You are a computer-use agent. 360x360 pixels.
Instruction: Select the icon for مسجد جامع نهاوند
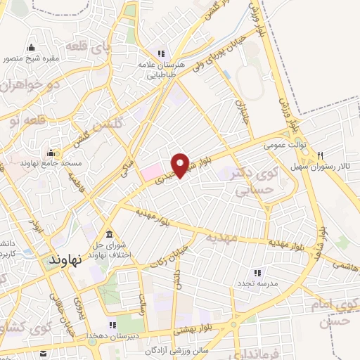pyautogui.click(x=51, y=152)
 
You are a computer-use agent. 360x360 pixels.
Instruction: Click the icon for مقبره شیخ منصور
pyautogui.click(x=30, y=48)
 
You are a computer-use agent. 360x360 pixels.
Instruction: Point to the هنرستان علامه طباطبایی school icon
pyautogui.click(x=161, y=53)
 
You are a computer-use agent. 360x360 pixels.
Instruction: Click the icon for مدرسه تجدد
pyautogui.click(x=257, y=272)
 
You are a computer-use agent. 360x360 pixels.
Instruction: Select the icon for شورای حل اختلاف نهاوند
pyautogui.click(x=108, y=234)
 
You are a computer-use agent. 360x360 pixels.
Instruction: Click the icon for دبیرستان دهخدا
pyautogui.click(x=110, y=325)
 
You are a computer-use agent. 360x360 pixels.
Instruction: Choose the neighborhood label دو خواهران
pyautogui.click(x=25, y=87)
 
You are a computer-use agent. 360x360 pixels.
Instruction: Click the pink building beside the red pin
pyautogui.click(x=150, y=171)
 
